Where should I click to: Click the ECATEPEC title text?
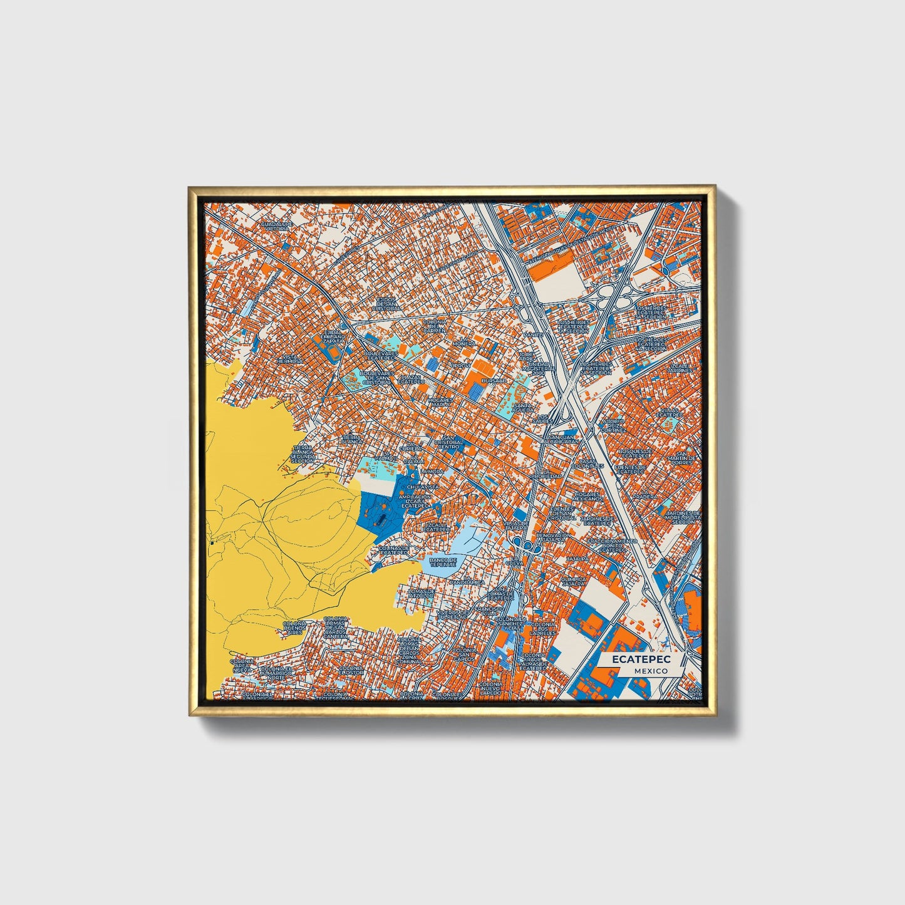(641, 659)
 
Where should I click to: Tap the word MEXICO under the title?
(649, 671)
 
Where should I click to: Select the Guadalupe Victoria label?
(277, 226)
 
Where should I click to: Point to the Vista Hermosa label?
(289, 359)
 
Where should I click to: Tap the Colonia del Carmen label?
(435, 326)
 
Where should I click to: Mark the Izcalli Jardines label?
(681, 368)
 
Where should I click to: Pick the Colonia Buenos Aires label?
(294, 629)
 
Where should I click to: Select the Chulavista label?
(422, 487)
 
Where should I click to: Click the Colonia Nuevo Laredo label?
(491, 689)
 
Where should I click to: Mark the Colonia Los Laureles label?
(543, 629)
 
